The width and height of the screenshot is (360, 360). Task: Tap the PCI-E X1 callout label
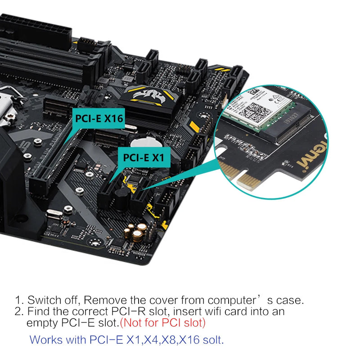pyautogui.click(x=144, y=158)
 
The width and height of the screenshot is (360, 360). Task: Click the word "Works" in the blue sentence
pyautogui.click(x=44, y=340)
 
